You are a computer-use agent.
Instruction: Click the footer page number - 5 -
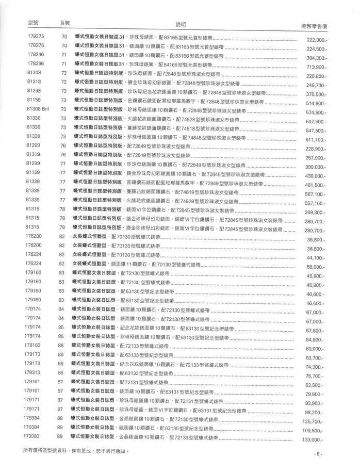(x=318, y=454)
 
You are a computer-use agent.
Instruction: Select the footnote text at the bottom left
(x=75, y=450)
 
